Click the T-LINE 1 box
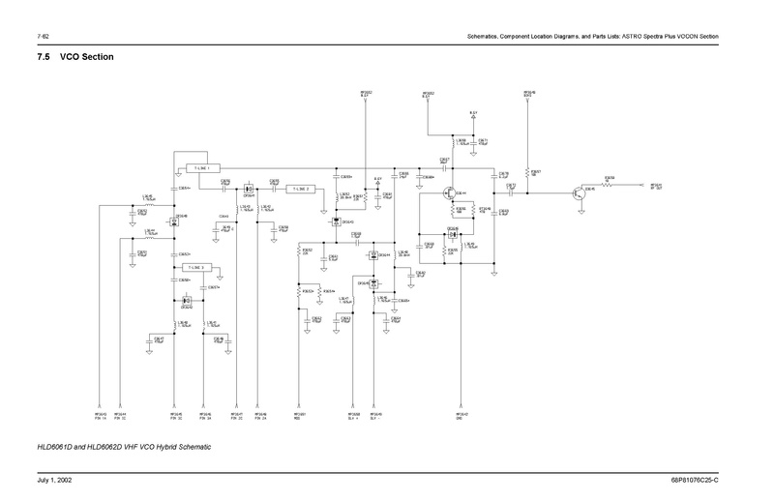[202, 168]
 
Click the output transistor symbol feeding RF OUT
[579, 192]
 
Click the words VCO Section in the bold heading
[87, 58]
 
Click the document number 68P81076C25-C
[708, 482]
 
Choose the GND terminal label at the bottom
[462, 419]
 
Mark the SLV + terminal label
[354, 419]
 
